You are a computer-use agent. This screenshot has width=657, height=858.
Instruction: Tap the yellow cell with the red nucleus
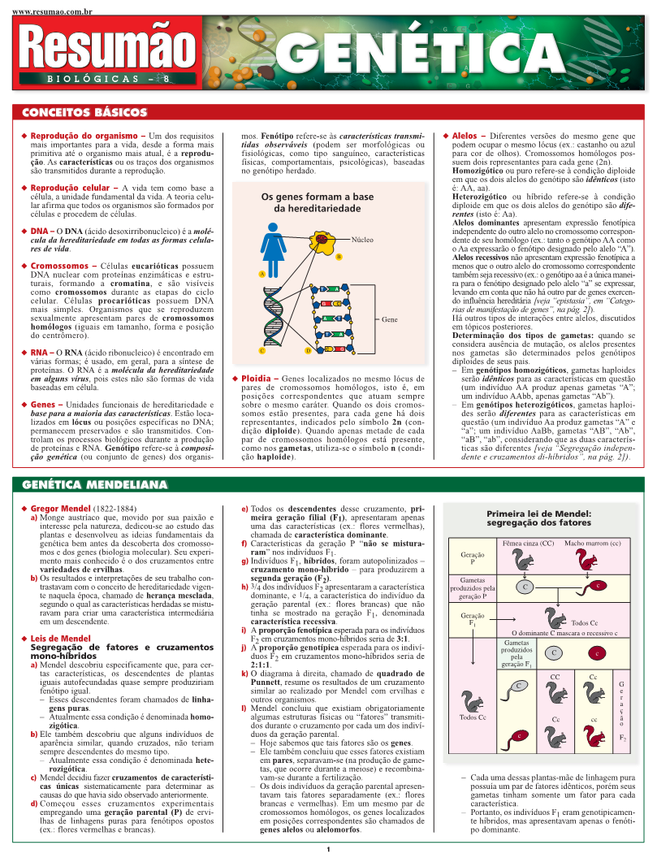tap(323, 240)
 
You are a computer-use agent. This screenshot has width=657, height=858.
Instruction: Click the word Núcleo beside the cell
tap(363, 240)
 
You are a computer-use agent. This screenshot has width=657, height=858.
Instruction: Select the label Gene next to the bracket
tap(391, 320)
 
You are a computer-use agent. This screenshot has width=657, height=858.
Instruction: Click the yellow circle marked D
tap(309, 350)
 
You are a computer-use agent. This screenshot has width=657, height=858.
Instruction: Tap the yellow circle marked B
tap(338, 258)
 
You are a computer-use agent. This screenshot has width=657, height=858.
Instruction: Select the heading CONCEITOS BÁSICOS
tap(84, 112)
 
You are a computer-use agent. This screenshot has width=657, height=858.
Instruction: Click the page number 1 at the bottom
tap(328, 849)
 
